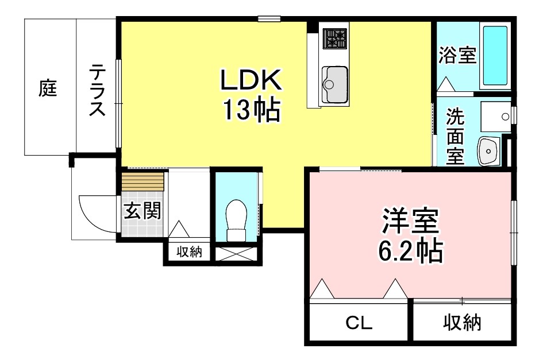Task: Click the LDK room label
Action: pos(251,80)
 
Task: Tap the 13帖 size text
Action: pos(251,110)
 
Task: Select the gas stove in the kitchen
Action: pos(334,38)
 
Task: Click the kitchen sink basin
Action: pos(334,84)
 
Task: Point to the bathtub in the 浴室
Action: pos(495,55)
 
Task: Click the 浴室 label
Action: pos(457,55)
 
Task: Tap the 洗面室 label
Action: pos(455,136)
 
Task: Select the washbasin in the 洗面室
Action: pos(488,151)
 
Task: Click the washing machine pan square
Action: pos(496,117)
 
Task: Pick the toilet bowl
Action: pos(236,220)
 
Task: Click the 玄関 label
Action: pos(143,210)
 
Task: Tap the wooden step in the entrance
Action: pos(143,181)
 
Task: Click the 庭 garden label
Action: pos(48,88)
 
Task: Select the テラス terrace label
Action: pos(97,90)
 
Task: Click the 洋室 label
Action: pos(410,220)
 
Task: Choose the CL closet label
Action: pos(359,323)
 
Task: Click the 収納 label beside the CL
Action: pos(462,323)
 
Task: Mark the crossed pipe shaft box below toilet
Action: pos(236,254)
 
